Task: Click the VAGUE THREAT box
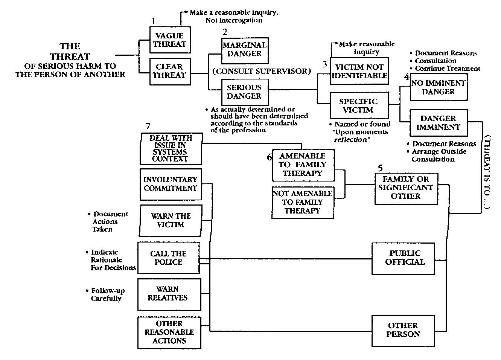tap(170, 40)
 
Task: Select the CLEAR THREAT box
tap(170, 71)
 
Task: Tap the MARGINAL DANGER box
tap(244, 49)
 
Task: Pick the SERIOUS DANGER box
tap(244, 92)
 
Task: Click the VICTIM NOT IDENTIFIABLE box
tap(359, 71)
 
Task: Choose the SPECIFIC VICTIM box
tap(359, 105)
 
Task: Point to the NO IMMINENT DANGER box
tap(439, 87)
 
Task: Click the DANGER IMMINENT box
tap(438, 123)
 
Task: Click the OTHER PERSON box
tap(403, 330)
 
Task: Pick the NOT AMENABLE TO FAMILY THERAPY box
tap(303, 202)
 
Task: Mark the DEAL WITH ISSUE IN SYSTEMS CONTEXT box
tap(171, 148)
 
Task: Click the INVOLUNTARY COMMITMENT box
tap(171, 184)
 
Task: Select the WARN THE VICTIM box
tap(171, 220)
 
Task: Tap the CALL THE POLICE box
tap(168, 258)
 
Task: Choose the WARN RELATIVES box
tap(168, 293)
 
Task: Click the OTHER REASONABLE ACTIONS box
tap(169, 332)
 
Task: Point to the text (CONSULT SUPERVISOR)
tap(262, 71)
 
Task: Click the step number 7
tap(148, 126)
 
